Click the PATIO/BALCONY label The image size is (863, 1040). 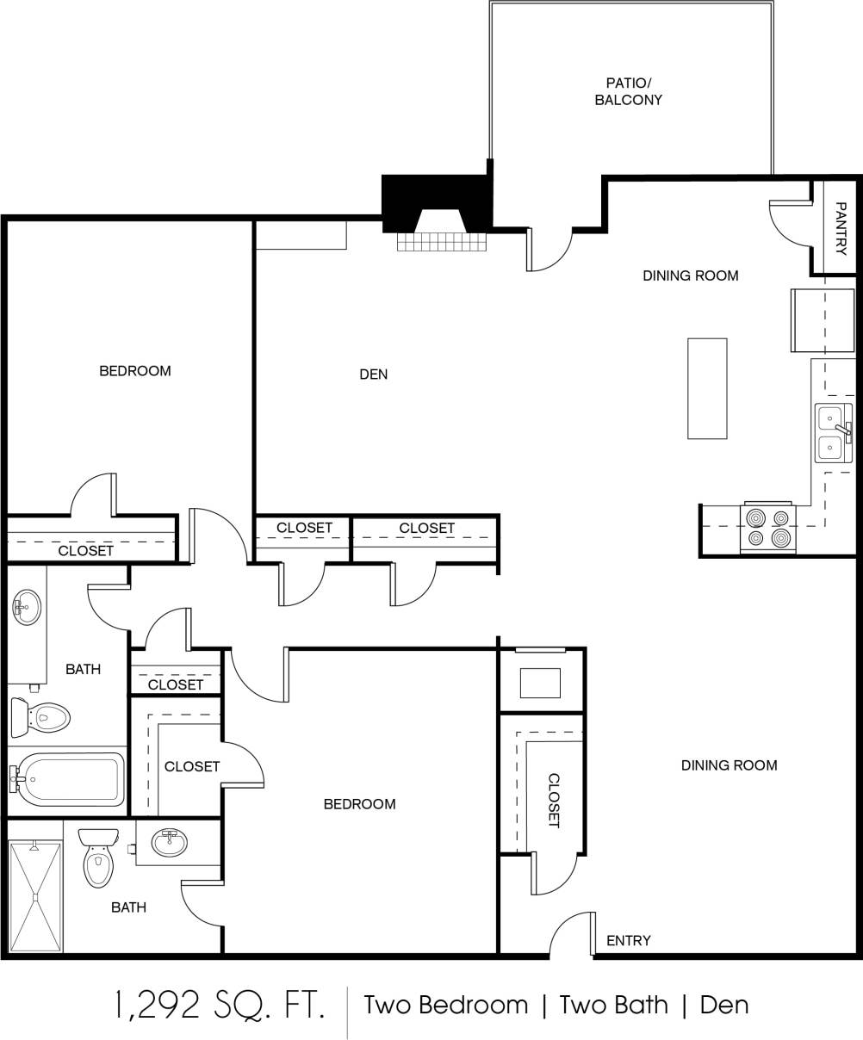click(629, 91)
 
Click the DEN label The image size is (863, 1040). click(373, 375)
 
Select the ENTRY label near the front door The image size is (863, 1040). click(629, 940)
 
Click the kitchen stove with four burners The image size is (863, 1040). click(767, 528)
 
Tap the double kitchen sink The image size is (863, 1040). click(831, 433)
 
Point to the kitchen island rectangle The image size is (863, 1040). click(707, 388)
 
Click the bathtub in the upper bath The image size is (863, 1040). click(69, 779)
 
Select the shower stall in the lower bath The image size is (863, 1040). click(35, 896)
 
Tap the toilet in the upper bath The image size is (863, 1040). click(41, 716)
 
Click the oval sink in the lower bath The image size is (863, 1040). click(170, 842)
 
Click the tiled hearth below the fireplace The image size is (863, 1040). click(442, 242)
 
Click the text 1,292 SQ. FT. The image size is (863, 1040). click(220, 1005)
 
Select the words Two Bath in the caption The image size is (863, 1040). click(613, 1005)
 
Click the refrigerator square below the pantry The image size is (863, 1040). click(822, 320)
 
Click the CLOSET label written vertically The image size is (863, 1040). click(554, 801)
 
